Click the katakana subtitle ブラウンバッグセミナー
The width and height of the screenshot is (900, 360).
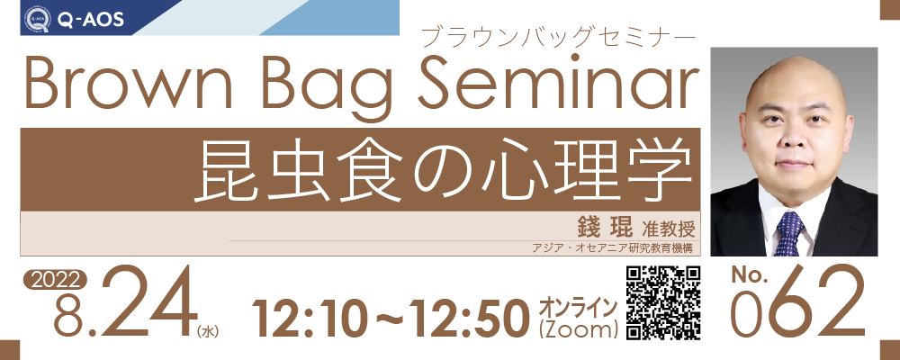557,38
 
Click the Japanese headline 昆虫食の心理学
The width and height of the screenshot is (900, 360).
443,169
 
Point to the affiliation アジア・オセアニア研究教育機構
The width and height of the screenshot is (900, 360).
613,248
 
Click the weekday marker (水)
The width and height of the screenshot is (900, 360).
207,331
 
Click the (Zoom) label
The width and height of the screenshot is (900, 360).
578,329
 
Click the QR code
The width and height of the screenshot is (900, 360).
663,302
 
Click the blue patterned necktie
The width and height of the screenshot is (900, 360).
790,233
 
